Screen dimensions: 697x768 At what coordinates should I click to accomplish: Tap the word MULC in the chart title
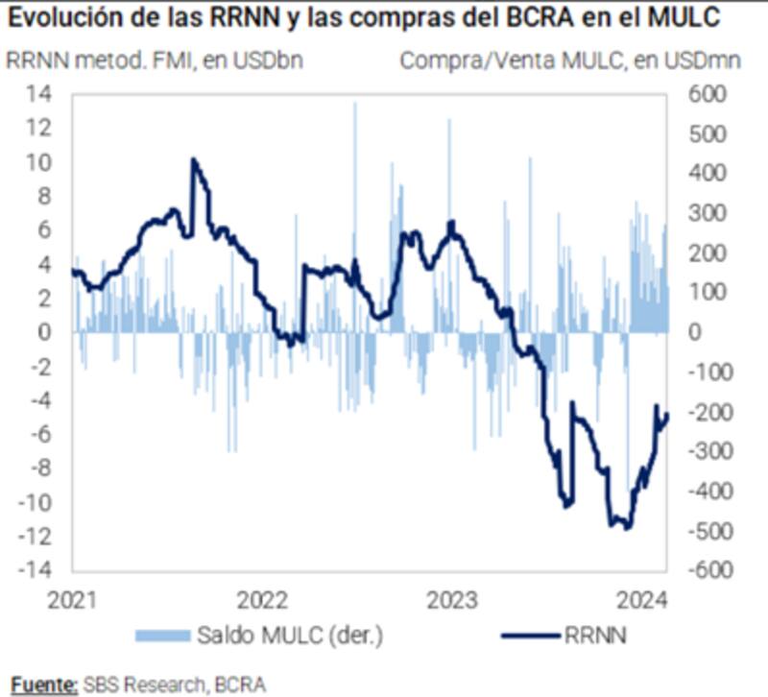pyautogui.click(x=708, y=16)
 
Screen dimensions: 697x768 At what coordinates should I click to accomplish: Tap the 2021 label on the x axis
pyautogui.click(x=72, y=601)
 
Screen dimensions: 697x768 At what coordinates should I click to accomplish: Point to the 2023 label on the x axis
pyautogui.click(x=451, y=601)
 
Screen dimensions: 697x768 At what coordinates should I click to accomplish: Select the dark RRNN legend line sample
pyautogui.click(x=530, y=635)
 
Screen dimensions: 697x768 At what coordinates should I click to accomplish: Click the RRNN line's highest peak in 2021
pyautogui.click(x=194, y=158)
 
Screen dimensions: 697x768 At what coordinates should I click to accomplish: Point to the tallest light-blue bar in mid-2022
pyautogui.click(x=354, y=104)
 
